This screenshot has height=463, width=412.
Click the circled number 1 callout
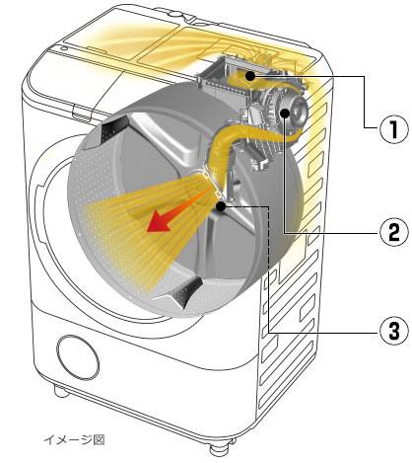point(393,128)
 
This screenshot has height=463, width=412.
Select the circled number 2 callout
point(393,232)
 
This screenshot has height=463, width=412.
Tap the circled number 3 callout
point(393,331)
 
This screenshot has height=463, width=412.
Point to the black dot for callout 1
point(250,76)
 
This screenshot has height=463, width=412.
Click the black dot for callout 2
point(285,114)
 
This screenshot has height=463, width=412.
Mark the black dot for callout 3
point(221,206)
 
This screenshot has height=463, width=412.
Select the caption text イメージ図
point(74,439)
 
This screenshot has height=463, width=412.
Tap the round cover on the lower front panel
point(78,358)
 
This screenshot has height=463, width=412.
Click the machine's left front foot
point(61,391)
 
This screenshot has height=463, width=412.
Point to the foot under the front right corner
point(218,449)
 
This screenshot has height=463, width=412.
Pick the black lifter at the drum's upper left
point(113,129)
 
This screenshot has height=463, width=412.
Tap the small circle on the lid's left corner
point(63,48)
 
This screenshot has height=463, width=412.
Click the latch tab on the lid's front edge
point(81,112)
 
